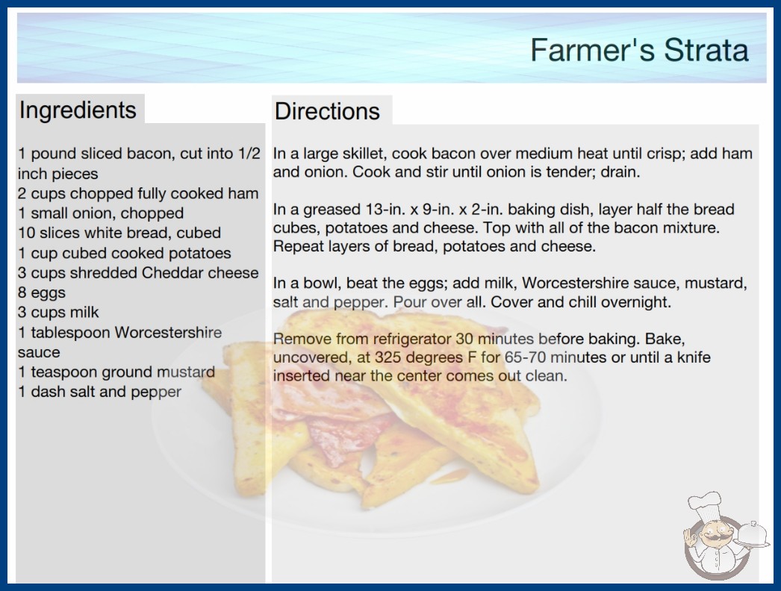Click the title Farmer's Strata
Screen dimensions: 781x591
click(x=640, y=50)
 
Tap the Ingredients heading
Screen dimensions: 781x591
click(x=78, y=110)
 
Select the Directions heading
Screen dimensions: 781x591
click(x=327, y=111)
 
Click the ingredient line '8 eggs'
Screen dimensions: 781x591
click(x=42, y=293)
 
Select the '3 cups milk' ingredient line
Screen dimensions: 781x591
click(x=58, y=312)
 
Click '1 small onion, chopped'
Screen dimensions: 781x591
click(x=101, y=213)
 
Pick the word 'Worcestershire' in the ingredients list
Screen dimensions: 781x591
click(x=168, y=332)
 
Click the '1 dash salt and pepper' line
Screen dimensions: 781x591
click(x=99, y=392)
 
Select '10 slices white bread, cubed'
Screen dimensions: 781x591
click(x=119, y=233)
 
